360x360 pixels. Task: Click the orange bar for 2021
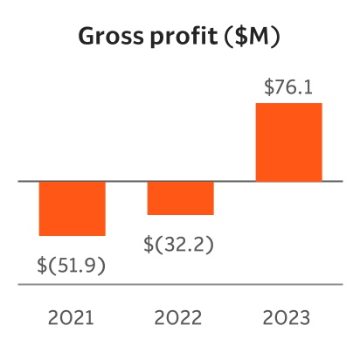[73, 208]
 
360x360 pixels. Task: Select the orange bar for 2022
[180, 197]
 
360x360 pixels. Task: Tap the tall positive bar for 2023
[288, 142]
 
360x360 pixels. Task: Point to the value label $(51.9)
[72, 265]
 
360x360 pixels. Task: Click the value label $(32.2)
[180, 244]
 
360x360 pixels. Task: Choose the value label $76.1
[288, 88]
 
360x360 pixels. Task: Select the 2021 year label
[73, 316]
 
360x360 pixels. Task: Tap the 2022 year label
[180, 316]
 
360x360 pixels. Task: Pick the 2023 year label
[288, 316]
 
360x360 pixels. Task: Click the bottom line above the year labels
[180, 284]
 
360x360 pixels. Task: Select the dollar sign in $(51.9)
[43, 265]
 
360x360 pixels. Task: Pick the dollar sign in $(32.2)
[151, 244]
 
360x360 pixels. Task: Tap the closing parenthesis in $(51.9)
[101, 265]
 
